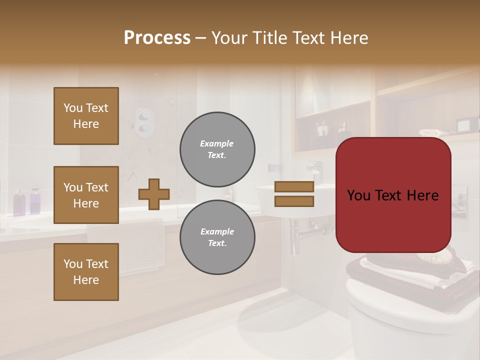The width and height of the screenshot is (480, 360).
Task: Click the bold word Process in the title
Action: [x=157, y=38]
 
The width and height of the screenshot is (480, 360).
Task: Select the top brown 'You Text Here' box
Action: [x=86, y=116]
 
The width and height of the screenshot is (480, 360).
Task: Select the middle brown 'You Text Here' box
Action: [x=86, y=195]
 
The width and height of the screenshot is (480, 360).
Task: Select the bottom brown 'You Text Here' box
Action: [x=86, y=272]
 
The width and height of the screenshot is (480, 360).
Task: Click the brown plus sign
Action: [x=154, y=194]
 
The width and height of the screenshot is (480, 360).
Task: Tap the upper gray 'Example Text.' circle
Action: [x=217, y=149]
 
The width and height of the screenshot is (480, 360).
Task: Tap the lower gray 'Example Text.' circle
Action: [x=217, y=237]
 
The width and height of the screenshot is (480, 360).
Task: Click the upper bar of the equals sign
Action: [x=294, y=187]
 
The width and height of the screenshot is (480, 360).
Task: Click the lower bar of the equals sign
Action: [x=294, y=201]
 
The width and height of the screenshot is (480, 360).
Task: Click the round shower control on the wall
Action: [x=144, y=121]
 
